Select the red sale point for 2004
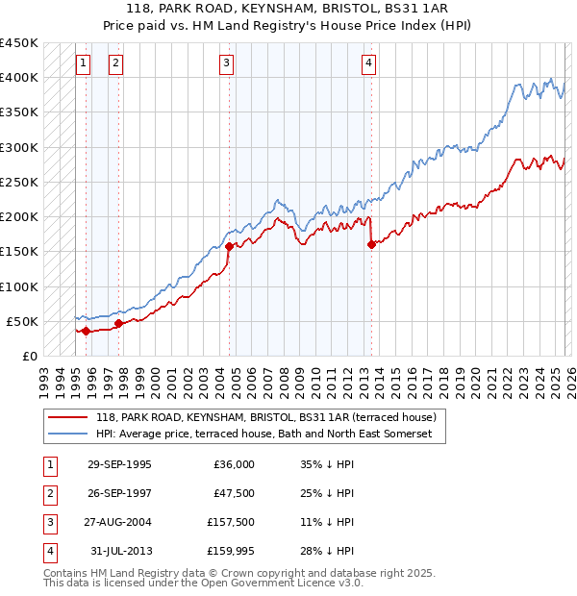[x=229, y=246]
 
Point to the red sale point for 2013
[x=371, y=244]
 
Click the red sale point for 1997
[x=118, y=323]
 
